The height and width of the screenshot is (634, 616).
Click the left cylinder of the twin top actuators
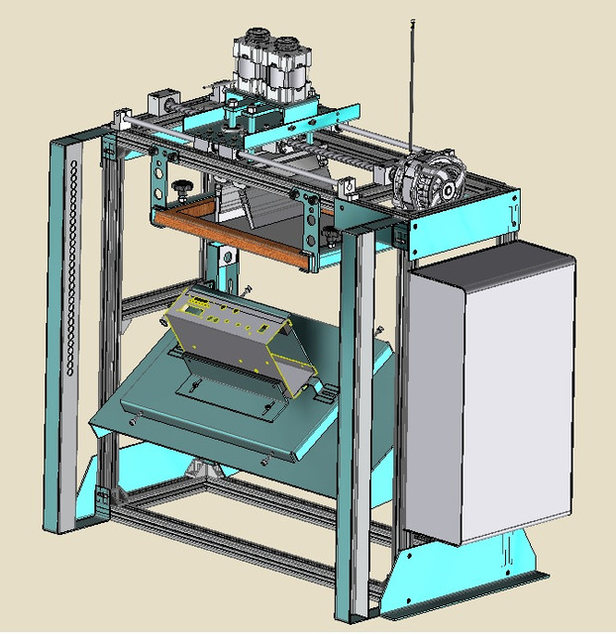(251, 64)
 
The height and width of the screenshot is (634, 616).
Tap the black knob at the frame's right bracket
(328, 232)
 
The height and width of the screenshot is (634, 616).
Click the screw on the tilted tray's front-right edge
(265, 459)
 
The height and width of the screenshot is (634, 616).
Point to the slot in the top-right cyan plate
(511, 211)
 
